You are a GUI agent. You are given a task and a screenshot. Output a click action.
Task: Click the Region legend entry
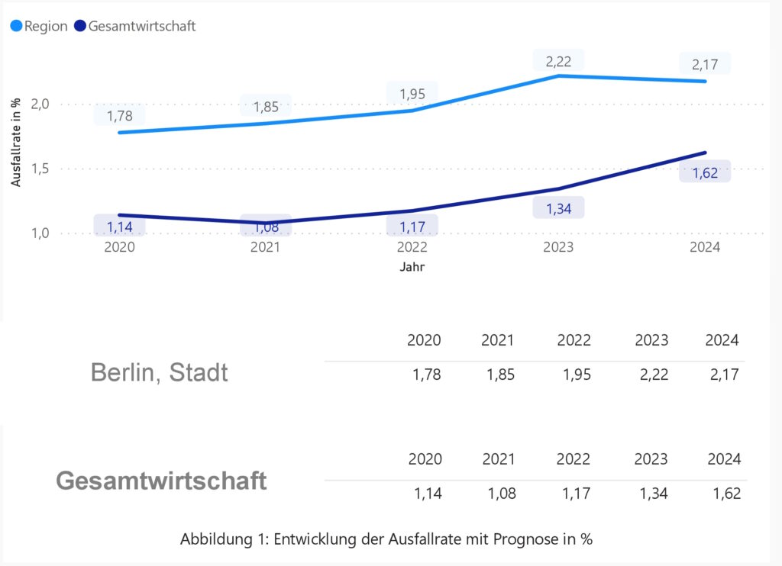[39, 26]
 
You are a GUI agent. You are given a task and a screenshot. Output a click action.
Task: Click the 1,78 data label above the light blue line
[119, 116]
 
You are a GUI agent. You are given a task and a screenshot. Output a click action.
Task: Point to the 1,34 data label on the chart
[558, 207]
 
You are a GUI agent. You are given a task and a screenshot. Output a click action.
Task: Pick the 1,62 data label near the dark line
[705, 173]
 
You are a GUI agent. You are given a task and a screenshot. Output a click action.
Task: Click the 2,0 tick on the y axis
[42, 104]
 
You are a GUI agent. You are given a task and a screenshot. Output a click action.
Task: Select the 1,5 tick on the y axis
[42, 169]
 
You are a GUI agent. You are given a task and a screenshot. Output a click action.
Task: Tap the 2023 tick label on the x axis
[558, 248]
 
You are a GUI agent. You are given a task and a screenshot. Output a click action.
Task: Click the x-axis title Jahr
[412, 268]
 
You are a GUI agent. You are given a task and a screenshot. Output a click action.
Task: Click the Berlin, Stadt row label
[159, 373]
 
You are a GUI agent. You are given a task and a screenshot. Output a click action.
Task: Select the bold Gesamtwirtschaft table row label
[161, 481]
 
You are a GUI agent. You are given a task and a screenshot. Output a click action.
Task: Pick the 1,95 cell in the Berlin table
[574, 375]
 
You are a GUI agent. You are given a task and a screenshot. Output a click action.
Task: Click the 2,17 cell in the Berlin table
[723, 375]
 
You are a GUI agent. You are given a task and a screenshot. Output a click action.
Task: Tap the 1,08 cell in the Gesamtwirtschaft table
[502, 494]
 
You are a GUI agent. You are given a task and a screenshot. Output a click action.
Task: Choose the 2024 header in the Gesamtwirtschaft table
[723, 459]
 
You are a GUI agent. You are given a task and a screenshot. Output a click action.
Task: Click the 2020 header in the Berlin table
[425, 340]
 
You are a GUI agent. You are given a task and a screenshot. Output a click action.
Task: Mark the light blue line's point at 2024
[705, 81]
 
